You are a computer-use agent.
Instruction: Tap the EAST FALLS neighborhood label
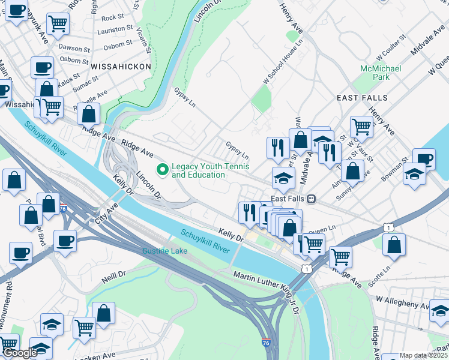point(362,98)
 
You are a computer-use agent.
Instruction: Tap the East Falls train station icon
point(312,199)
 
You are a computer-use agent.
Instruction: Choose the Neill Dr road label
point(113,277)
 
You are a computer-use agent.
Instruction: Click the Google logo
point(20,353)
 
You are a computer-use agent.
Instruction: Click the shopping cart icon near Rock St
point(58,23)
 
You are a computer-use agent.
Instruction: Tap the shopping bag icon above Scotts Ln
point(394,244)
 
